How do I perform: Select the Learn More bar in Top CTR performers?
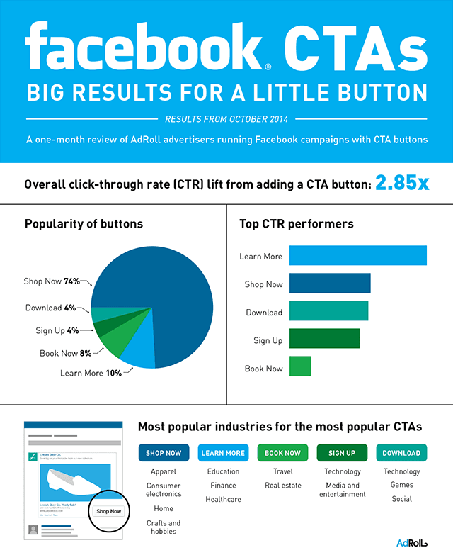357,255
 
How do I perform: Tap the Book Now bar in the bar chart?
300,366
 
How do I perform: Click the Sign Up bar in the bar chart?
324,339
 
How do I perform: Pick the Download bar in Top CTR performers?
328,311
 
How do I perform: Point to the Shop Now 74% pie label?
53,281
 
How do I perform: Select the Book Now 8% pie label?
66,352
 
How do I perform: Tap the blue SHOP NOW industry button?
164,453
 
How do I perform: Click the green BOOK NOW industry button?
282,453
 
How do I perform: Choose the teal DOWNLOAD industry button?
401,453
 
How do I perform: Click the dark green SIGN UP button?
342,453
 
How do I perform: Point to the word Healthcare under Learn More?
223,499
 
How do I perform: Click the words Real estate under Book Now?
282,486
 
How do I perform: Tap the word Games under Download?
401,486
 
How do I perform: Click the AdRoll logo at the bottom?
412,543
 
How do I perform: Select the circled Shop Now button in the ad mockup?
109,510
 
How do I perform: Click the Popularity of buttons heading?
84,224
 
